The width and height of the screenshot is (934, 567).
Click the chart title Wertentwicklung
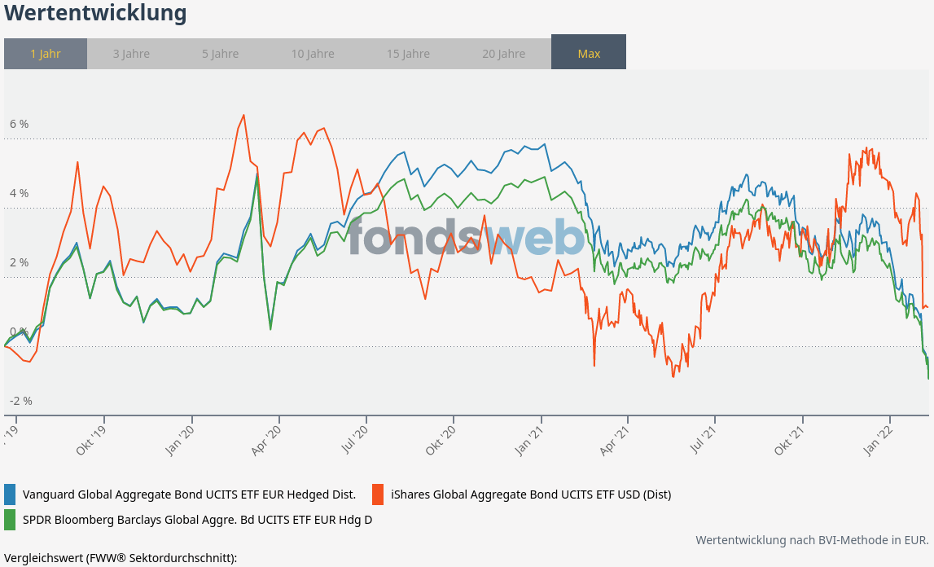(95, 14)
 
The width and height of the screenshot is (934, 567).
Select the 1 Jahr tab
(46, 54)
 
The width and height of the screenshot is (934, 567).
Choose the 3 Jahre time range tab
(131, 54)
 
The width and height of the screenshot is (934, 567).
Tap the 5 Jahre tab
(221, 54)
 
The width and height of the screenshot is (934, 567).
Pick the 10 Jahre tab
(313, 54)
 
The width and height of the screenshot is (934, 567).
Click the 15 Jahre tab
(408, 54)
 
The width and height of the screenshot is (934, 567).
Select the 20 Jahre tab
(503, 54)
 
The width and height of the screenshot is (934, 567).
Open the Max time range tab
(589, 54)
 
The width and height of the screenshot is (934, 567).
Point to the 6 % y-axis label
(20, 124)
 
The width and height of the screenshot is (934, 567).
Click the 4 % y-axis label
(20, 193)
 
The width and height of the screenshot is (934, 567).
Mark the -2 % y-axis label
(21, 401)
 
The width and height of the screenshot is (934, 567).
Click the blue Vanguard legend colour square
(11, 494)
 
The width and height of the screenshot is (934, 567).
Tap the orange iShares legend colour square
(378, 494)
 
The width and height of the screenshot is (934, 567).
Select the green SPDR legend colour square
(11, 519)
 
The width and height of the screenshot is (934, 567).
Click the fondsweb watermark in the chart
(467, 236)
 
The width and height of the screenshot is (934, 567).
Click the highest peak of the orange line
(243, 115)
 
